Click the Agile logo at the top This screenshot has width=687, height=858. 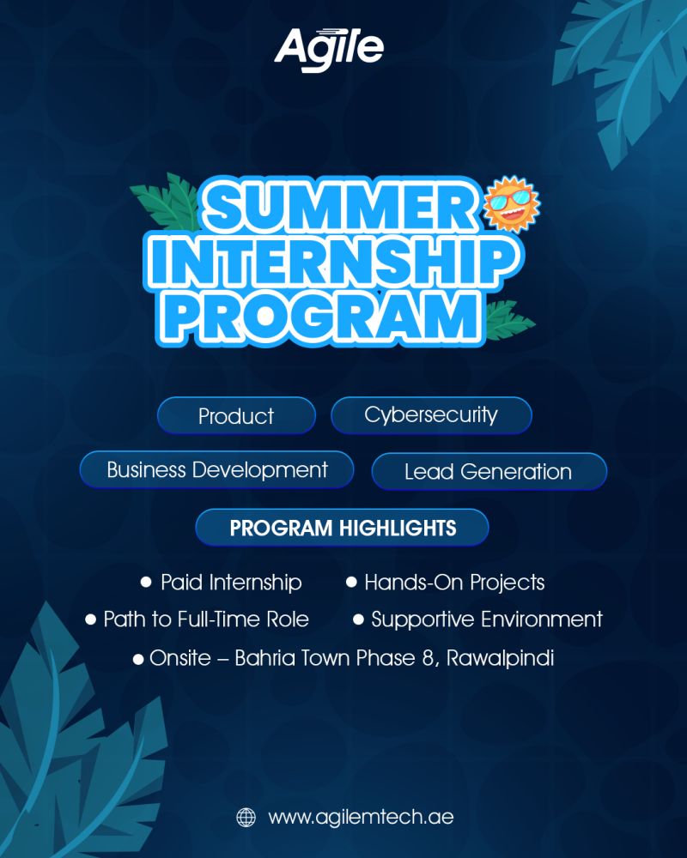tap(329, 49)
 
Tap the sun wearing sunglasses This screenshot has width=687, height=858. tap(512, 203)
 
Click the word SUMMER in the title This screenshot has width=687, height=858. tap(340, 208)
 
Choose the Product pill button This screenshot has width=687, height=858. tap(236, 416)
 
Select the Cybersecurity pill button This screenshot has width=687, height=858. tap(431, 415)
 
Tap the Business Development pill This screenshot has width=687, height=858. tap(217, 470)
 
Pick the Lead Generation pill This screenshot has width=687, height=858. tap(489, 472)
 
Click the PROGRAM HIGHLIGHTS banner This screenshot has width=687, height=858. tap(343, 528)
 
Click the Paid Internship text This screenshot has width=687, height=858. tap(231, 583)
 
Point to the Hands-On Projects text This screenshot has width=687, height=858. tap(455, 583)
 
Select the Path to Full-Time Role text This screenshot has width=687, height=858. tap(206, 619)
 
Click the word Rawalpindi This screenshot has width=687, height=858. tap(500, 658)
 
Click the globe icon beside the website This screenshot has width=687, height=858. tap(246, 818)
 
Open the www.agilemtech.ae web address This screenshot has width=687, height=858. tap(361, 818)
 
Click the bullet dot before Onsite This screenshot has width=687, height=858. tap(138, 659)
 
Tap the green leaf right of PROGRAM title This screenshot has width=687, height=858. tap(508, 320)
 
